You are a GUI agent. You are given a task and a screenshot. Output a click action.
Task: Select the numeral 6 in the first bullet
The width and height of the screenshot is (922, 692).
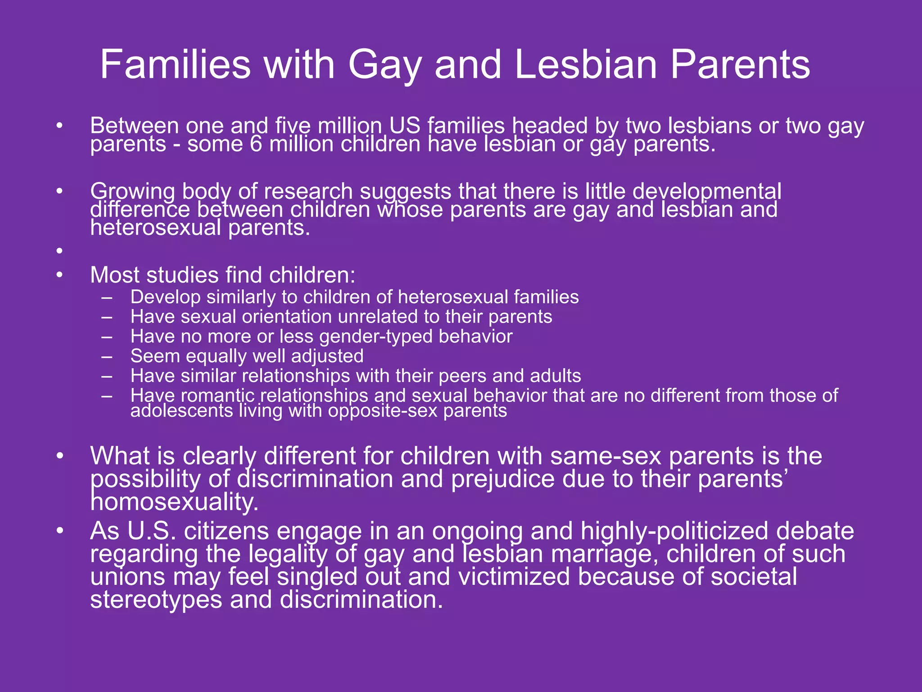click(x=255, y=145)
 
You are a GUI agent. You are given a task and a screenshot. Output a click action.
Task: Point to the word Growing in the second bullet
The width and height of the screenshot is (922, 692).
click(x=132, y=192)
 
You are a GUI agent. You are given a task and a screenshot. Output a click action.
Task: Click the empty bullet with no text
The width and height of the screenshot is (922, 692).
click(x=59, y=251)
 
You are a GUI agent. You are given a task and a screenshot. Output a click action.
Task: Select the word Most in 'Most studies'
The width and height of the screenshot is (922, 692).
click(x=114, y=275)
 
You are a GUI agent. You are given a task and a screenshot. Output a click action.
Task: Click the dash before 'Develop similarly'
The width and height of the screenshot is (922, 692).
click(x=107, y=297)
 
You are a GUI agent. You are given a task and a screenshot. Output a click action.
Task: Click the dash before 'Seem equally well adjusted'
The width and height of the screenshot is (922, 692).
click(x=107, y=356)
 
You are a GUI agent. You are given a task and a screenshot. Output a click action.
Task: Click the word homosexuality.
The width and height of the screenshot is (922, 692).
click(x=174, y=502)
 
